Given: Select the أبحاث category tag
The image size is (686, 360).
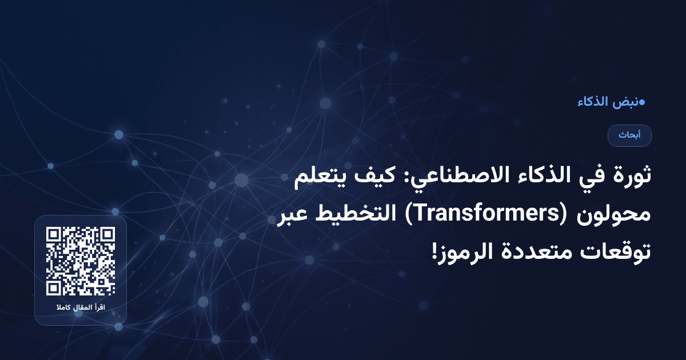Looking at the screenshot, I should (x=629, y=135).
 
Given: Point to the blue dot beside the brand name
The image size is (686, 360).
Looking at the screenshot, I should (x=642, y=103).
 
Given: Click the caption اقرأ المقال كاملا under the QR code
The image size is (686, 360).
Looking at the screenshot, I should (x=81, y=309).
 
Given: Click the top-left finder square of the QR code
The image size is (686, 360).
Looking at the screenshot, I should (x=54, y=234).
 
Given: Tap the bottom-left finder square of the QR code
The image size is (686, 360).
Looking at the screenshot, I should (x=54, y=287).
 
